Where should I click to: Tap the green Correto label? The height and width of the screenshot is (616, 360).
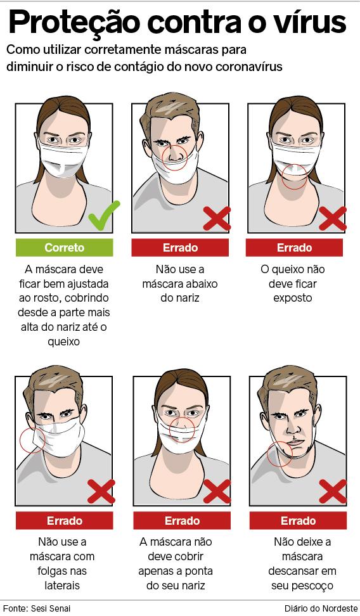[65, 248]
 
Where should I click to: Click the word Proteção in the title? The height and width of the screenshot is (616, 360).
[74, 22]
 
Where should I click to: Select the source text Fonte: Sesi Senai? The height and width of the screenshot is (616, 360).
[37, 608]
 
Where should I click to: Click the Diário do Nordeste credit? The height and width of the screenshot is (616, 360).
[321, 608]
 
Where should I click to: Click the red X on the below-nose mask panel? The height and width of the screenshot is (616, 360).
[217, 219]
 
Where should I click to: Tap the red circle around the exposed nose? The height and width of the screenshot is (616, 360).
[174, 158]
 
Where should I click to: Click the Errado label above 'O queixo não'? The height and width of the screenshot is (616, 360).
[294, 248]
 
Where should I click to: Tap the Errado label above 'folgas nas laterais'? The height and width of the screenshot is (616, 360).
[65, 520]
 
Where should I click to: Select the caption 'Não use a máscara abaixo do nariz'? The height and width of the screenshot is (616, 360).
[180, 284]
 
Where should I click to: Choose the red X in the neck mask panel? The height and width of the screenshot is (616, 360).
[333, 491]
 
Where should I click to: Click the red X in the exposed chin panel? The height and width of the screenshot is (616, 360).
[333, 219]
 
